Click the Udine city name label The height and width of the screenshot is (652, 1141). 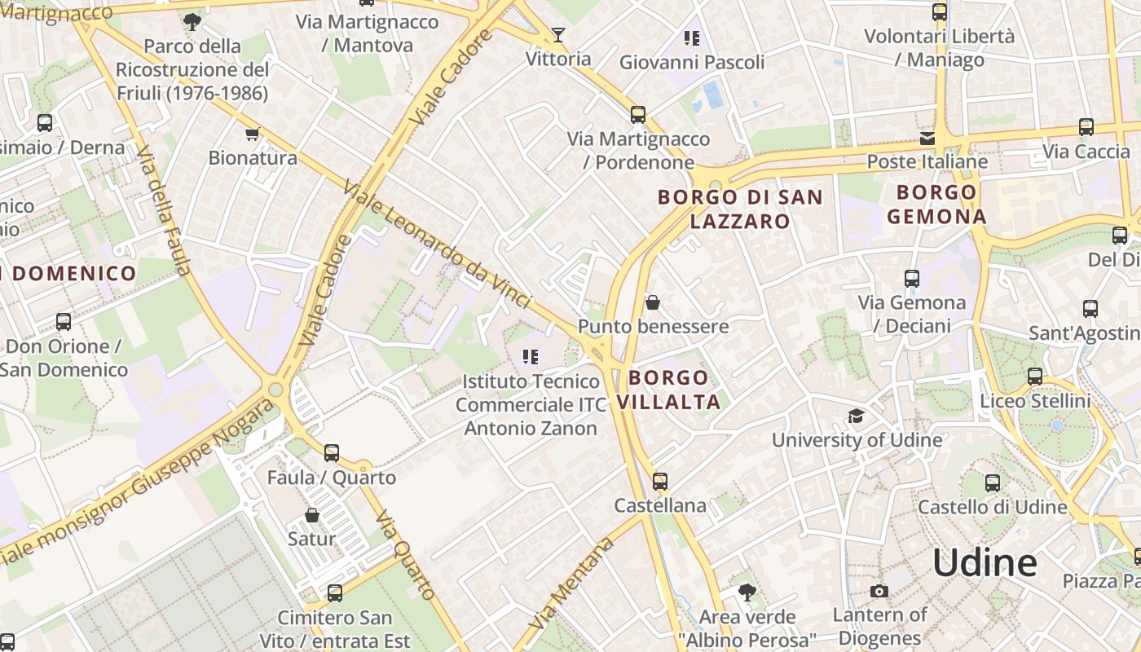click(985, 563)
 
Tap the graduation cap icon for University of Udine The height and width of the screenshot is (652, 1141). click(856, 416)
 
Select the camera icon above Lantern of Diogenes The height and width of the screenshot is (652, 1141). click(879, 591)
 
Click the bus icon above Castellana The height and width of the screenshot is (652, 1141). click(660, 482)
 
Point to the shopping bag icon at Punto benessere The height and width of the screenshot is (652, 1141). click(652, 303)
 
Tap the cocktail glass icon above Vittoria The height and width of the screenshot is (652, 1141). click(558, 34)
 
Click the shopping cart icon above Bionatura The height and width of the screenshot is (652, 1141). click(252, 134)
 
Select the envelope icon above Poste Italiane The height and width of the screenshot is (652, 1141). click(927, 138)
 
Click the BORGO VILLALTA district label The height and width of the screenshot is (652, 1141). click(668, 390)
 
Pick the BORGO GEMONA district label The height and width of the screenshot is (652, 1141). click(936, 205)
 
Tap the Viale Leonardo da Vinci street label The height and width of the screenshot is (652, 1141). click(437, 244)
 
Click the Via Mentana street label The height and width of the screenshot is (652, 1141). click(570, 582)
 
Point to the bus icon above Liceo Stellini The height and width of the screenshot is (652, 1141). click(1034, 377)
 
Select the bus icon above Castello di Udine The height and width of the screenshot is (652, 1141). click(992, 482)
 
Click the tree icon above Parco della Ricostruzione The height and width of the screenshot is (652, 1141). click(192, 22)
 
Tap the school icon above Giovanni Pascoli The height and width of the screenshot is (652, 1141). click(692, 37)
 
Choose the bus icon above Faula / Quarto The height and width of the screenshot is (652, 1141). click(331, 453)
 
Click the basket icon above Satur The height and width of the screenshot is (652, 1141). click(311, 515)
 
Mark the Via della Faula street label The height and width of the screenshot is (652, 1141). click(164, 210)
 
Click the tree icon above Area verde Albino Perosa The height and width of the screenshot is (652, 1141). click(747, 592)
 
